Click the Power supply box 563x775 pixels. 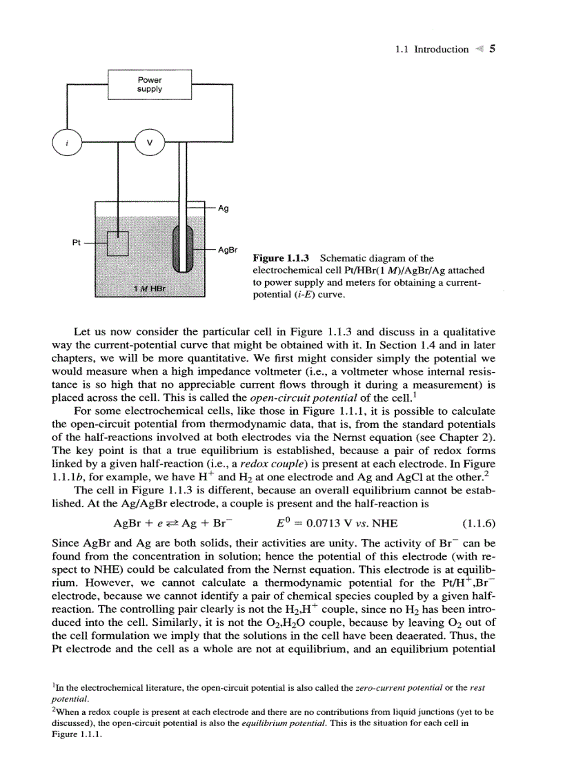click(150, 84)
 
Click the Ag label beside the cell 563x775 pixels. click(223, 207)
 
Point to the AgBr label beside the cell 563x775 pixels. click(228, 249)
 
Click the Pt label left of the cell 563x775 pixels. click(77, 242)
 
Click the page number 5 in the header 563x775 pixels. click(493, 49)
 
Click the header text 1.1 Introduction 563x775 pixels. click(433, 50)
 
